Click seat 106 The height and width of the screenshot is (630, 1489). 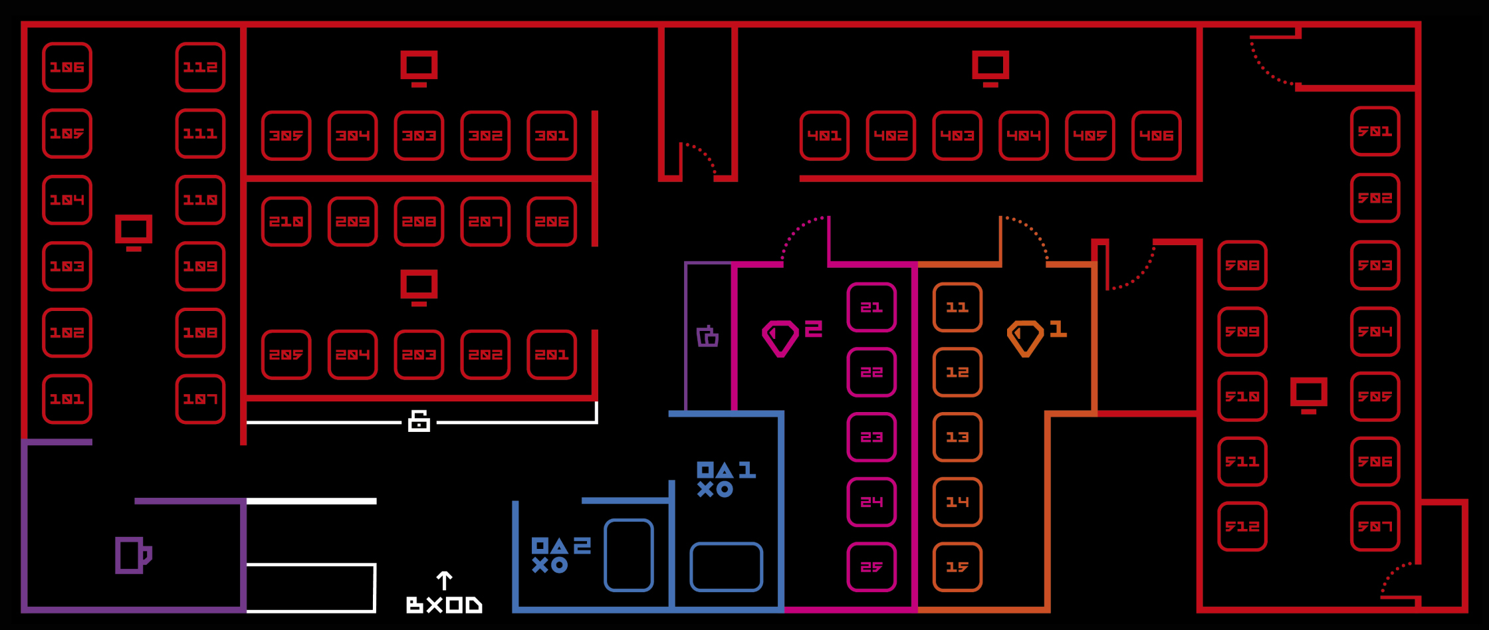pyautogui.click(x=67, y=67)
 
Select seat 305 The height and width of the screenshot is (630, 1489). pyautogui.click(x=286, y=136)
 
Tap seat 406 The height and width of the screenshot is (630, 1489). pyautogui.click(x=1156, y=136)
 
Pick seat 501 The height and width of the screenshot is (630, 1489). pyautogui.click(x=1375, y=132)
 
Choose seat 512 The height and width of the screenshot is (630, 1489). pyautogui.click(x=1242, y=526)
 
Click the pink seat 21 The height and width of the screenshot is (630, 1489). pyautogui.click(x=871, y=307)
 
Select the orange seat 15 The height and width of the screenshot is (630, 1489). pyautogui.click(x=957, y=567)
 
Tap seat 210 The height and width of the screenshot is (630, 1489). pyautogui.click(x=286, y=221)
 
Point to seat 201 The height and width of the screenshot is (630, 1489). pyautogui.click(x=552, y=355)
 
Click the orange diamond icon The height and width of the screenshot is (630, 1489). pyautogui.click(x=1025, y=338)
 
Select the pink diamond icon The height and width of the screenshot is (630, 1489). pyautogui.click(x=780, y=338)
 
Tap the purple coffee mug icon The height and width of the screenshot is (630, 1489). pyautogui.click(x=132, y=554)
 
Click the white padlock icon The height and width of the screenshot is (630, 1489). pyautogui.click(x=419, y=421)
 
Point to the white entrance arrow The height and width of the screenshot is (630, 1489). pyautogui.click(x=445, y=580)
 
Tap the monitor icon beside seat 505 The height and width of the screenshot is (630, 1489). pyautogui.click(x=1308, y=395)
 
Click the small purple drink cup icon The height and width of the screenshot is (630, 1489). pyautogui.click(x=707, y=336)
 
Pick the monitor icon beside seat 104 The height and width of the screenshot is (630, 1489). pyautogui.click(x=134, y=232)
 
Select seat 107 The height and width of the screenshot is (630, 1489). pyautogui.click(x=200, y=399)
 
